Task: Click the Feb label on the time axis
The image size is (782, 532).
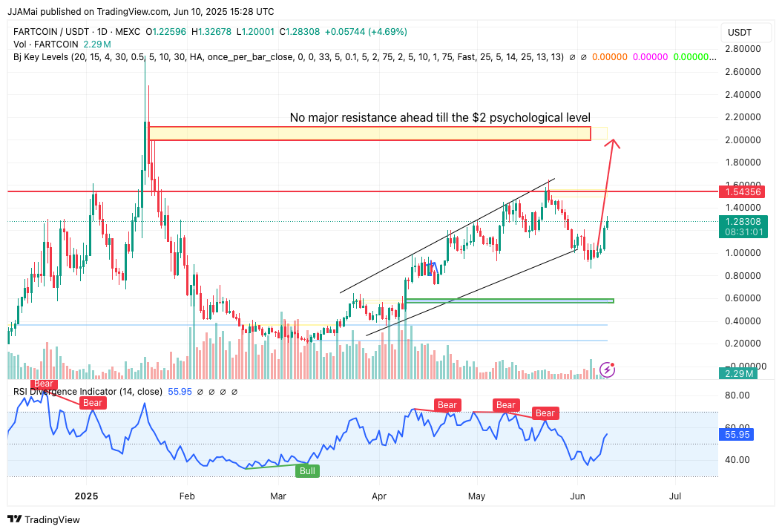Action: [x=187, y=496]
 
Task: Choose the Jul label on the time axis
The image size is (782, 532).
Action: [x=676, y=496]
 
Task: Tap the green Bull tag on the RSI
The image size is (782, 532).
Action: [x=307, y=470]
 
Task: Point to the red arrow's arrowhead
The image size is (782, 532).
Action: [x=614, y=142]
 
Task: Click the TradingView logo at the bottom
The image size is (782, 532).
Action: [x=44, y=519]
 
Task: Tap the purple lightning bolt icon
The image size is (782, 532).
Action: [x=608, y=369]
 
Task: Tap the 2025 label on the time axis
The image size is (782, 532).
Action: [x=87, y=496]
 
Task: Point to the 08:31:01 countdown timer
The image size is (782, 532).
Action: [x=743, y=232]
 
